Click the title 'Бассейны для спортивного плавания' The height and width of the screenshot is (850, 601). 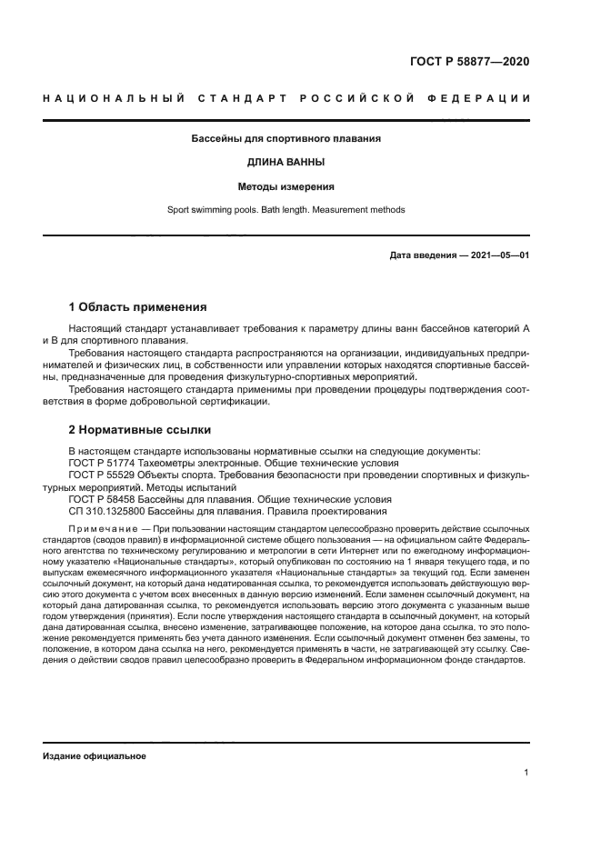285,139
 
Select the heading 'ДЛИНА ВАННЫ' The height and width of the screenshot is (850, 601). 285,163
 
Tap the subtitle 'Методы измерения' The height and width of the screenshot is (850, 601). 285,186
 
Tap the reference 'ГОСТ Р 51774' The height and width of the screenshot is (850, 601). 101,463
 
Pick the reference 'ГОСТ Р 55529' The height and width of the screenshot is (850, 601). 101,475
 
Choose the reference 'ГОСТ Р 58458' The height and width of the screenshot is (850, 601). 101,499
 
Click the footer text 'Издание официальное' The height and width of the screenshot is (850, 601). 94,755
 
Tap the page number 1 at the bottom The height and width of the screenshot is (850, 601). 526,773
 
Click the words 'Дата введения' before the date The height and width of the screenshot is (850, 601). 422,255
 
